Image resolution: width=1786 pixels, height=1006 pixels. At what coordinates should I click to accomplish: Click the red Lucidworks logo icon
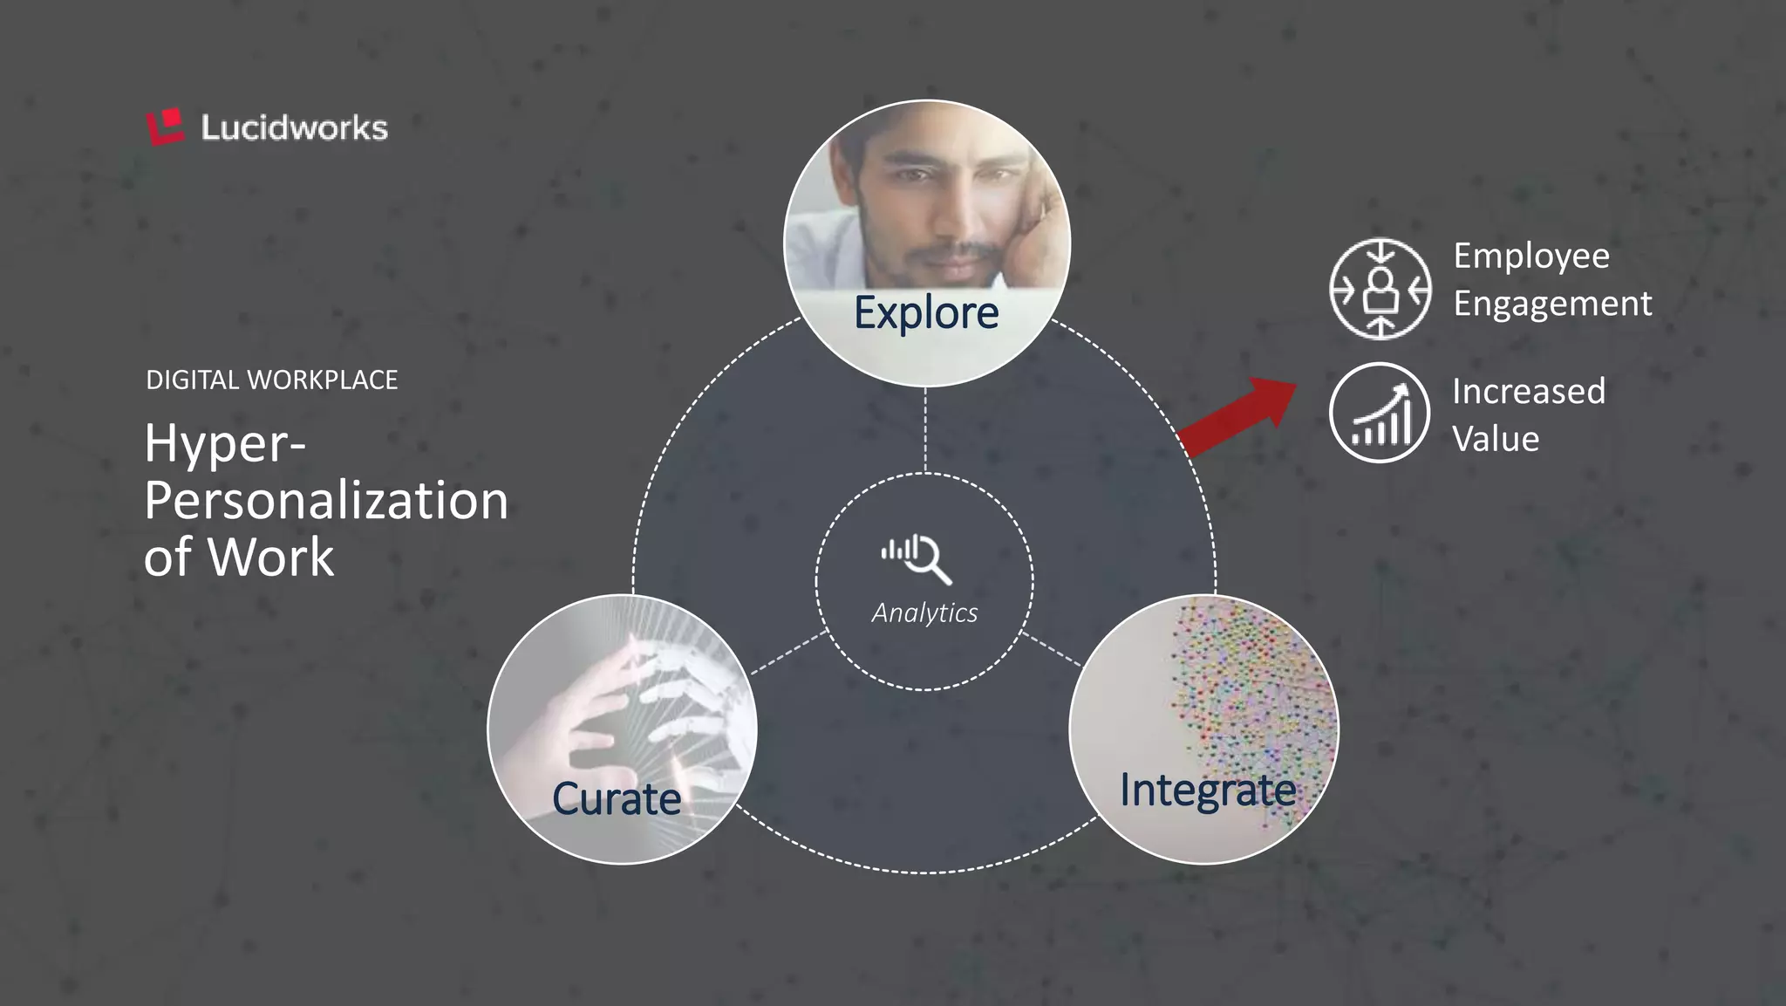pos(166,127)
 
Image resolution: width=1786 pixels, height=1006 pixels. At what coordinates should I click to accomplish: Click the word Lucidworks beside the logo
pos(294,128)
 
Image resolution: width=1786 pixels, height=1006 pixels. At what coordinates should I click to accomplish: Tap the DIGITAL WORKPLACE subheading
pos(271,380)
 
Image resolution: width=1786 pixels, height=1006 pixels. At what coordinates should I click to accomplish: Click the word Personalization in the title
pos(326,501)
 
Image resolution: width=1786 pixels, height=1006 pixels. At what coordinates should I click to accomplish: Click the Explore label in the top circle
pos(926,312)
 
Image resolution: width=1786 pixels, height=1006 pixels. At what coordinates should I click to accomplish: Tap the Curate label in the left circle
pos(617,798)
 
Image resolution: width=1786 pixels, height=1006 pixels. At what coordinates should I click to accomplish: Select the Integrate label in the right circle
pos(1208,790)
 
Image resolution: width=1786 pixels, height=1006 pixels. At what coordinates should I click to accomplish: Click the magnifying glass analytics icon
pos(917,558)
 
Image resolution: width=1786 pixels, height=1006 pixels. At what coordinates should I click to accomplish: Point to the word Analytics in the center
pos(924,612)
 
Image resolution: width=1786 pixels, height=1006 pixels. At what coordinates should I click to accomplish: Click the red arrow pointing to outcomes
pos(1238,416)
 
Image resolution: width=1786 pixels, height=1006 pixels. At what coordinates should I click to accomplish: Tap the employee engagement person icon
pos(1380,289)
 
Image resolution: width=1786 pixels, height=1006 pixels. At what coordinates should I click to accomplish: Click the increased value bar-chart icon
pos(1380,414)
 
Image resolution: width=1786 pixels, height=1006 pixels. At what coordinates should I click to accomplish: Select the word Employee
pos(1531,257)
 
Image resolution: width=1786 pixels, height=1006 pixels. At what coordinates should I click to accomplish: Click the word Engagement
pos(1552,304)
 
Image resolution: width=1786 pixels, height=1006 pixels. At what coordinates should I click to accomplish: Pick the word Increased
pos(1529,391)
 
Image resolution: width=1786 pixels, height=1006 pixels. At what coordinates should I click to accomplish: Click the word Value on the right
pos(1496,438)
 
